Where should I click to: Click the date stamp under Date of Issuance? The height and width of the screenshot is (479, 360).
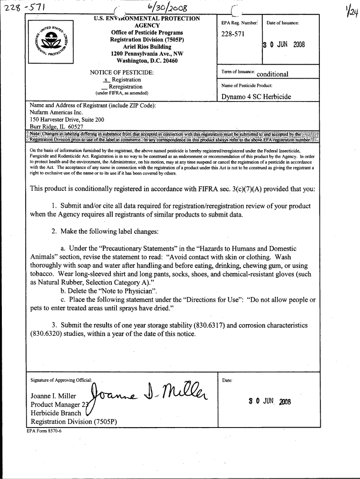tap(283, 45)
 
